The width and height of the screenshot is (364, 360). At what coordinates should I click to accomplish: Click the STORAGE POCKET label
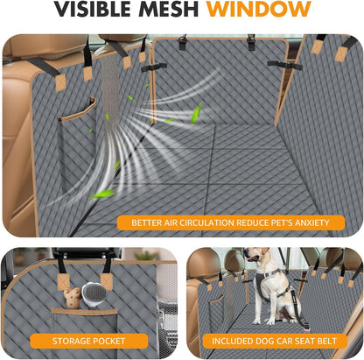point(88,341)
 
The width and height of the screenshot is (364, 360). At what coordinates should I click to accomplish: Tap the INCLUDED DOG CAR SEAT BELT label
point(274,341)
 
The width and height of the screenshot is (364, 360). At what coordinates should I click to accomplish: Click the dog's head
point(256,258)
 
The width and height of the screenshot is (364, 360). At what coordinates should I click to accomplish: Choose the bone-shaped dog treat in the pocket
point(88,299)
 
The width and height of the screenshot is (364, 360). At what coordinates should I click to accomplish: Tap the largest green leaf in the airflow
point(196,111)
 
